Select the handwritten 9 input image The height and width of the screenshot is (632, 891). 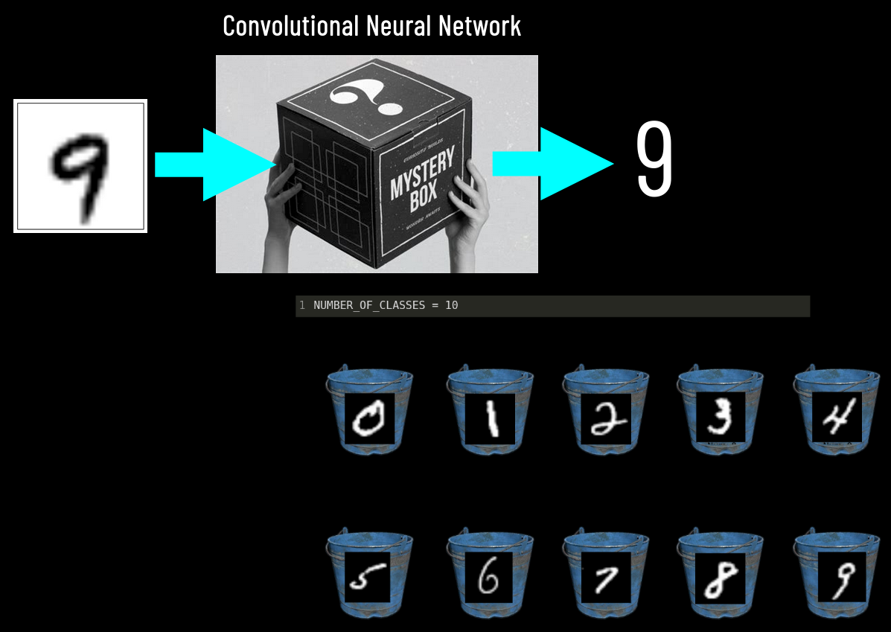(80, 166)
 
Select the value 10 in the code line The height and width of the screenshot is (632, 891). (452, 306)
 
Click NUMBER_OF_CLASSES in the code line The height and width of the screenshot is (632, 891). (368, 306)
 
